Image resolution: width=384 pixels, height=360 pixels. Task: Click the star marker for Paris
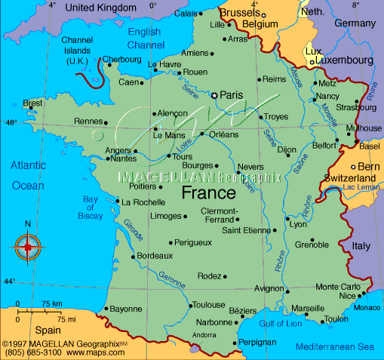click(215, 95)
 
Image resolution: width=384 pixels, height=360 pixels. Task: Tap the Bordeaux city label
click(155, 256)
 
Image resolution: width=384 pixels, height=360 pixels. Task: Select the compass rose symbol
click(28, 246)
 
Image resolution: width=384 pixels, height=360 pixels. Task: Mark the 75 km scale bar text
click(51, 303)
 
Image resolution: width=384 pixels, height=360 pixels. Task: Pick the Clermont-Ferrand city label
click(220, 215)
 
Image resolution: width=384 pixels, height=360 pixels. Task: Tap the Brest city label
click(32, 103)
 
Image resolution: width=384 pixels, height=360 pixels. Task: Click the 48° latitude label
click(10, 122)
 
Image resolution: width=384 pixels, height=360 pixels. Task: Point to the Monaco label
click(367, 307)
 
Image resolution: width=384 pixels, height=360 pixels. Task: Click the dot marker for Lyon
click(287, 219)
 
